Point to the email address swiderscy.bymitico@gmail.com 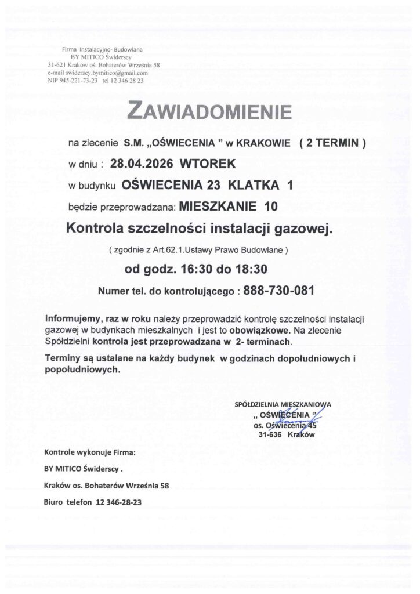point(99,73)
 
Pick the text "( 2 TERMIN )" point(331,142)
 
